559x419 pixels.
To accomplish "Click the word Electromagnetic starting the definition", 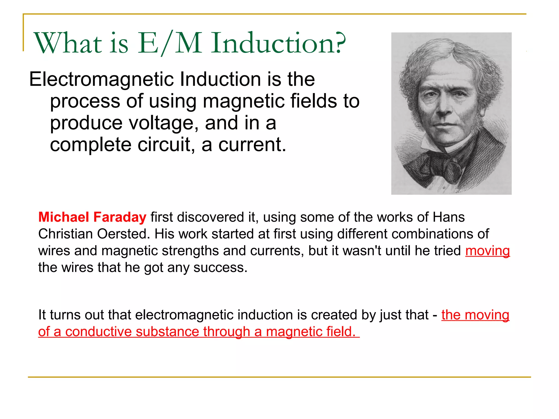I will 101,79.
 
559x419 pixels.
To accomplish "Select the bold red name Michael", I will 64,217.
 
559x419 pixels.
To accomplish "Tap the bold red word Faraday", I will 120,217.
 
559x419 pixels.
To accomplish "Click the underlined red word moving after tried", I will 487,251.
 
